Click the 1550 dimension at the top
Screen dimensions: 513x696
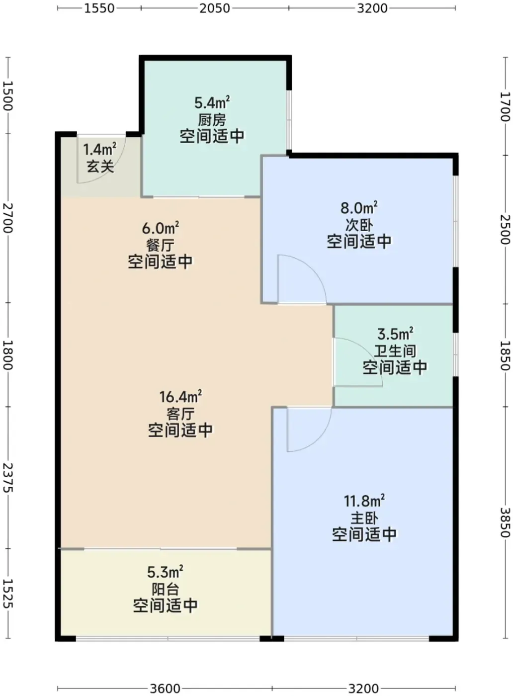(99, 8)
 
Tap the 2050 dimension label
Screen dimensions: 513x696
(215, 8)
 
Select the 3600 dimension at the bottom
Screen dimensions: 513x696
(165, 688)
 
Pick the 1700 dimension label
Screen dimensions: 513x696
(506, 106)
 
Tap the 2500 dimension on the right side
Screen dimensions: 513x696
(506, 229)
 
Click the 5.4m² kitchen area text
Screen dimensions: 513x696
(212, 102)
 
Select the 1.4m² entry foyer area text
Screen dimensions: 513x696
(99, 150)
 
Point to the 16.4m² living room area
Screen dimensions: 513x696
(180, 397)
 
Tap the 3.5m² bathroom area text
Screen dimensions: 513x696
(395, 334)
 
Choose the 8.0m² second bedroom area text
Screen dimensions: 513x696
(359, 208)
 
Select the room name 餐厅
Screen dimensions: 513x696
(161, 246)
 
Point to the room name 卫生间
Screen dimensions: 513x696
(395, 351)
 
